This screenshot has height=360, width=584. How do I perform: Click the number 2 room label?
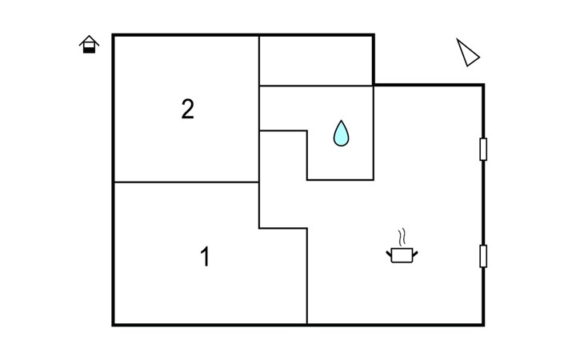[x=187, y=110]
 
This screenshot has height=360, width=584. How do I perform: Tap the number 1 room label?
[x=205, y=258]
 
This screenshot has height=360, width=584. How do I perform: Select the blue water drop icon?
[x=342, y=134]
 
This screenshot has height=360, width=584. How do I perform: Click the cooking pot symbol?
[x=402, y=255]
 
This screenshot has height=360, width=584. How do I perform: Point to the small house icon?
[x=90, y=45]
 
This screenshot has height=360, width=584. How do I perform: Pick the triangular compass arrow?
[x=467, y=53]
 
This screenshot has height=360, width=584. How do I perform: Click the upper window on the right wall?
[x=483, y=150]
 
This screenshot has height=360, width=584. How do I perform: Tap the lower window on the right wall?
[x=483, y=256]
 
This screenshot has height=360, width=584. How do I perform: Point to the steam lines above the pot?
[x=403, y=237]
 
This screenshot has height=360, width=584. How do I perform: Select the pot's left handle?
[x=390, y=254]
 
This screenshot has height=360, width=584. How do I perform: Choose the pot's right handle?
[x=414, y=254]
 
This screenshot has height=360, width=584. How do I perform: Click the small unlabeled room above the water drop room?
[x=316, y=60]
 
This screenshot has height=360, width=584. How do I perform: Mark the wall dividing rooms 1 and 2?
[x=186, y=182]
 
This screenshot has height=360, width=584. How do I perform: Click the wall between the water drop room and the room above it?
[x=316, y=86]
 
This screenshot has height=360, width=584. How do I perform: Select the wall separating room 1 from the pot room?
[x=307, y=276]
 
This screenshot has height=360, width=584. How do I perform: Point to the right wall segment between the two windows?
[x=483, y=202]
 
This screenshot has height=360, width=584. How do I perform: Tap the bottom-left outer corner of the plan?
[x=114, y=324]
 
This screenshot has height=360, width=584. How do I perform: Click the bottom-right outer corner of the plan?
[x=483, y=324]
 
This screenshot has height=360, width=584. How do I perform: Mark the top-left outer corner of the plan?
[x=114, y=35]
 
